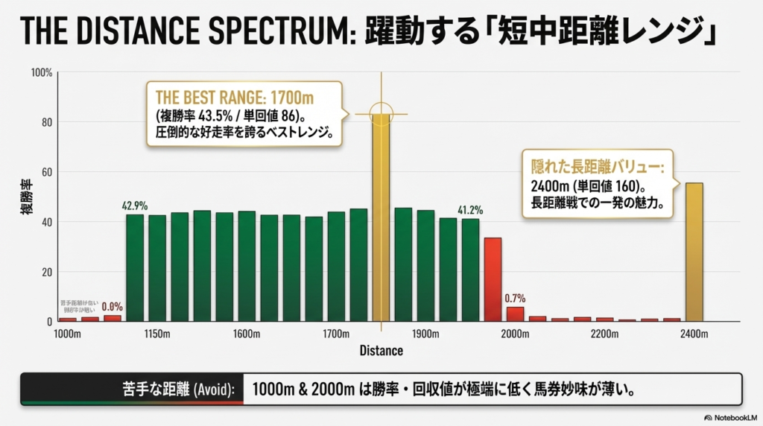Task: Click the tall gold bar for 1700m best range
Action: [x=381, y=223]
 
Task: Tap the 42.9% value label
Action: [x=134, y=205]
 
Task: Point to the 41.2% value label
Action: [x=470, y=209]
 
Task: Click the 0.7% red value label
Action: [x=515, y=298]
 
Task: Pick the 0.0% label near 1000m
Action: [x=112, y=306]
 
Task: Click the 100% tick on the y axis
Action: [x=42, y=73]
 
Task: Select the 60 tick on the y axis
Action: [x=46, y=172]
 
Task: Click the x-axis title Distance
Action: [x=381, y=350]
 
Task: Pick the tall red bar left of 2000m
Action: [x=493, y=279]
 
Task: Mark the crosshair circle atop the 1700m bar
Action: [x=381, y=114]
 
